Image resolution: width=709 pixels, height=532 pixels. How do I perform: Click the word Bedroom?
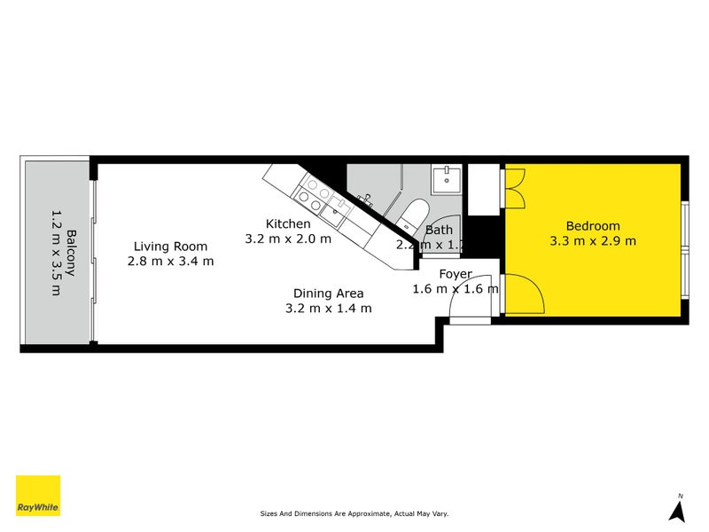point(593,225)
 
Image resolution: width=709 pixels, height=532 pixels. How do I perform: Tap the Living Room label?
point(170,246)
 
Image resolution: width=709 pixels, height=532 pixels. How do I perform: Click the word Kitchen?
point(288,223)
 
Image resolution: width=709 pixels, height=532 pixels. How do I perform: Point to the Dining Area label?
point(329,293)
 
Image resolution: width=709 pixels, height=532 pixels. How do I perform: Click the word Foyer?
point(455,274)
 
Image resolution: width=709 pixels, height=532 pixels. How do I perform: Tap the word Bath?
point(439,231)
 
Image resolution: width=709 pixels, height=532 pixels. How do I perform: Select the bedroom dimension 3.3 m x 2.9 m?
point(593,240)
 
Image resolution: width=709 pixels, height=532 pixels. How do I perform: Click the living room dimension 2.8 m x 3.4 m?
point(170,262)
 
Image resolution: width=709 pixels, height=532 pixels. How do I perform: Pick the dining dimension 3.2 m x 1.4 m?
point(328,308)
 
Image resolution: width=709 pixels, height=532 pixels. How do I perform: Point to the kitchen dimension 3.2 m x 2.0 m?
point(288,239)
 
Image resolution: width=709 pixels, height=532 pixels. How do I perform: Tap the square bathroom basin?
point(447,181)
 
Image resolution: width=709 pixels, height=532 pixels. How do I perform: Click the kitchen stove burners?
point(314,190)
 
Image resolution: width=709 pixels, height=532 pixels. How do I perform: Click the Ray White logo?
point(38,496)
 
